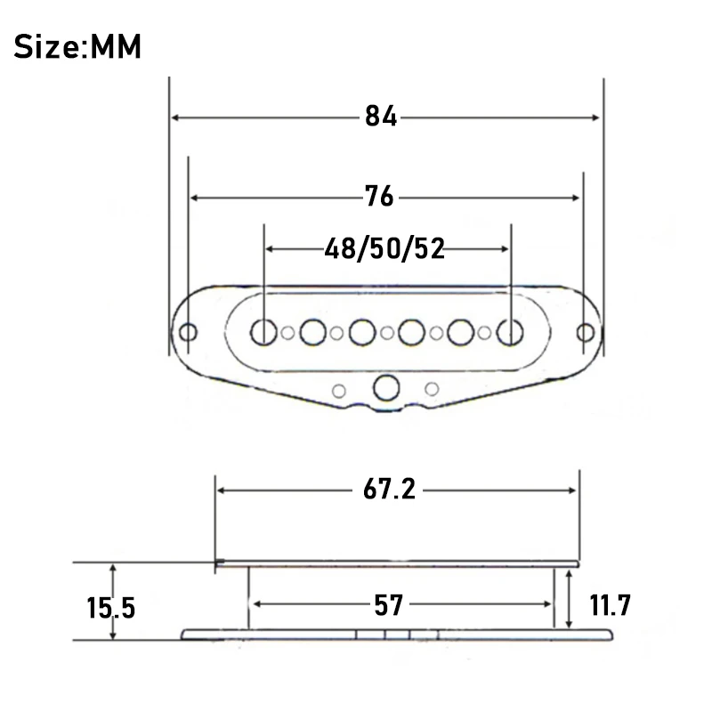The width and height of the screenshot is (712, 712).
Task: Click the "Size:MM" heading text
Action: tap(77, 45)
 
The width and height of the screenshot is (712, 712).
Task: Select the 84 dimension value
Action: tap(381, 117)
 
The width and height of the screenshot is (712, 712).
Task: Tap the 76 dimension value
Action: tap(379, 197)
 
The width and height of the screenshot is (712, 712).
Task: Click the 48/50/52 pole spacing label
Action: tap(384, 248)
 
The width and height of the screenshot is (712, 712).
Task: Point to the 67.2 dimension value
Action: tap(390, 489)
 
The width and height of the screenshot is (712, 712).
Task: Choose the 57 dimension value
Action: tap(388, 605)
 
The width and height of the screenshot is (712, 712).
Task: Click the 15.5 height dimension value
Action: tap(111, 608)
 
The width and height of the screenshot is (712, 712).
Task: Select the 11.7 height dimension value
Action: tap(610, 606)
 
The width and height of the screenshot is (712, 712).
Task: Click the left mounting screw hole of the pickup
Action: tap(189, 332)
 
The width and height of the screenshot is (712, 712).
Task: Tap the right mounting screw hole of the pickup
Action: tap(584, 332)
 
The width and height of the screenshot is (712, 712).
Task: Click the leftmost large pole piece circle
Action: tap(263, 332)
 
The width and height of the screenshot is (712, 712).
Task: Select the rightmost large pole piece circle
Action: tap(510, 332)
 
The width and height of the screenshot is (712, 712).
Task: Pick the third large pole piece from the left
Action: tap(362, 332)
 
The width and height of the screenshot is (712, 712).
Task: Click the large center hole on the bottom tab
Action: tap(386, 388)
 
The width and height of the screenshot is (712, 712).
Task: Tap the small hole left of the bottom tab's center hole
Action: tap(339, 389)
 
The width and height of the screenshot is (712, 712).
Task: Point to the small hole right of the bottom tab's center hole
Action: tap(433, 388)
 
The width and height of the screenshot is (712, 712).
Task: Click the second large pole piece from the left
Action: tap(312, 332)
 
